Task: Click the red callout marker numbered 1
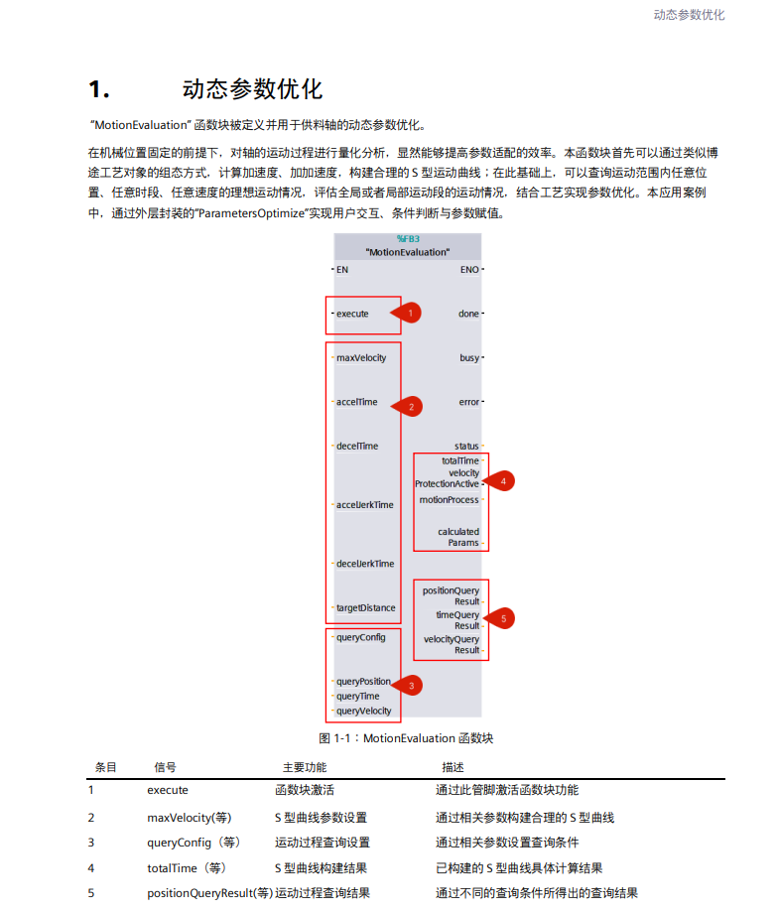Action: pyautogui.click(x=411, y=313)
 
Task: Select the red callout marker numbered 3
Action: pyautogui.click(x=411, y=684)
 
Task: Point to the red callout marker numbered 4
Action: pyautogui.click(x=503, y=480)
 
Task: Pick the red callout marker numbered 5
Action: pyautogui.click(x=503, y=617)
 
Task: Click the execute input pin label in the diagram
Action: pyautogui.click(x=352, y=314)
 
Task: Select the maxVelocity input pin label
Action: pyautogui.click(x=361, y=357)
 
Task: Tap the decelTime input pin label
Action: pyautogui.click(x=357, y=446)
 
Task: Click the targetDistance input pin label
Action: pyautogui.click(x=365, y=607)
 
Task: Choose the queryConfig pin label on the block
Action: pyautogui.click(x=360, y=637)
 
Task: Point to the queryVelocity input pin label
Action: pyautogui.click(x=363, y=711)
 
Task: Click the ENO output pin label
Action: pyautogui.click(x=469, y=269)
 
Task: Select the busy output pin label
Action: pyautogui.click(x=469, y=357)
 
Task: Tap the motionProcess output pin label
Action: pyautogui.click(x=449, y=499)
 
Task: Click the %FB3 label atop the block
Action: pyautogui.click(x=408, y=239)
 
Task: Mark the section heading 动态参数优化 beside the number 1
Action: pyautogui.click(x=252, y=89)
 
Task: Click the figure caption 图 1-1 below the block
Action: pyautogui.click(x=406, y=738)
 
